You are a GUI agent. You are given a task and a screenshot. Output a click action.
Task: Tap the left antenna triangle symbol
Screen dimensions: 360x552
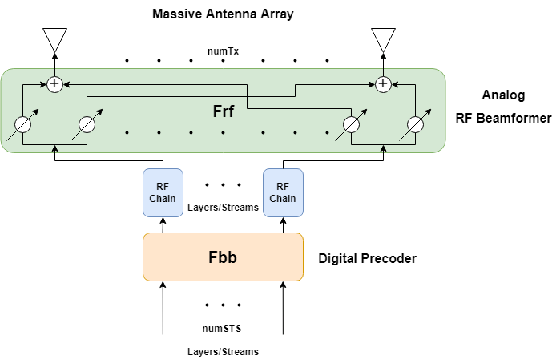pos(54,39)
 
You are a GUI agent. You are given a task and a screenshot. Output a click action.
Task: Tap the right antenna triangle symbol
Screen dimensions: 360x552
pos(383,39)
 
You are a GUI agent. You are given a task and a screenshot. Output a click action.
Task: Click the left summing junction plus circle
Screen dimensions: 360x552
pos(54,83)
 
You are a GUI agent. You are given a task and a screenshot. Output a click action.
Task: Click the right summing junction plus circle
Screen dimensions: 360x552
pos(383,83)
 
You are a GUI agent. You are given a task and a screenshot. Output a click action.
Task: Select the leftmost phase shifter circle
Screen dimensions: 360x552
pos(23,126)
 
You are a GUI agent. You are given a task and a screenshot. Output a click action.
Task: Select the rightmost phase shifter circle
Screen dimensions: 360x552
pos(414,126)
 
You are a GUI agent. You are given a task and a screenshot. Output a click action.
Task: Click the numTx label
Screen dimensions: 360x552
pos(223,51)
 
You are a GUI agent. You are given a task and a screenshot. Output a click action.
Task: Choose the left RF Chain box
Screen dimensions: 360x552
pos(163,192)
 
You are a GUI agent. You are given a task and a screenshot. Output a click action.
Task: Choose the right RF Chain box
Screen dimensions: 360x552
pos(283,192)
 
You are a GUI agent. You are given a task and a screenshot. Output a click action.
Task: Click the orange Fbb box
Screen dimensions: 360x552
pos(223,257)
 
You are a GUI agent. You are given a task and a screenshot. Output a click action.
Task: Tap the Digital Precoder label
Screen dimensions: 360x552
pos(368,259)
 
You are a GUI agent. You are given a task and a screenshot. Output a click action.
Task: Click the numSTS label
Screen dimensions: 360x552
pos(223,327)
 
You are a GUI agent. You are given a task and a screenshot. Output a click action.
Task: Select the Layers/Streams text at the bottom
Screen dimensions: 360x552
pos(223,351)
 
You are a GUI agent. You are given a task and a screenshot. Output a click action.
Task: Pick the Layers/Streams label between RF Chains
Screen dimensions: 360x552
pos(223,207)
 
